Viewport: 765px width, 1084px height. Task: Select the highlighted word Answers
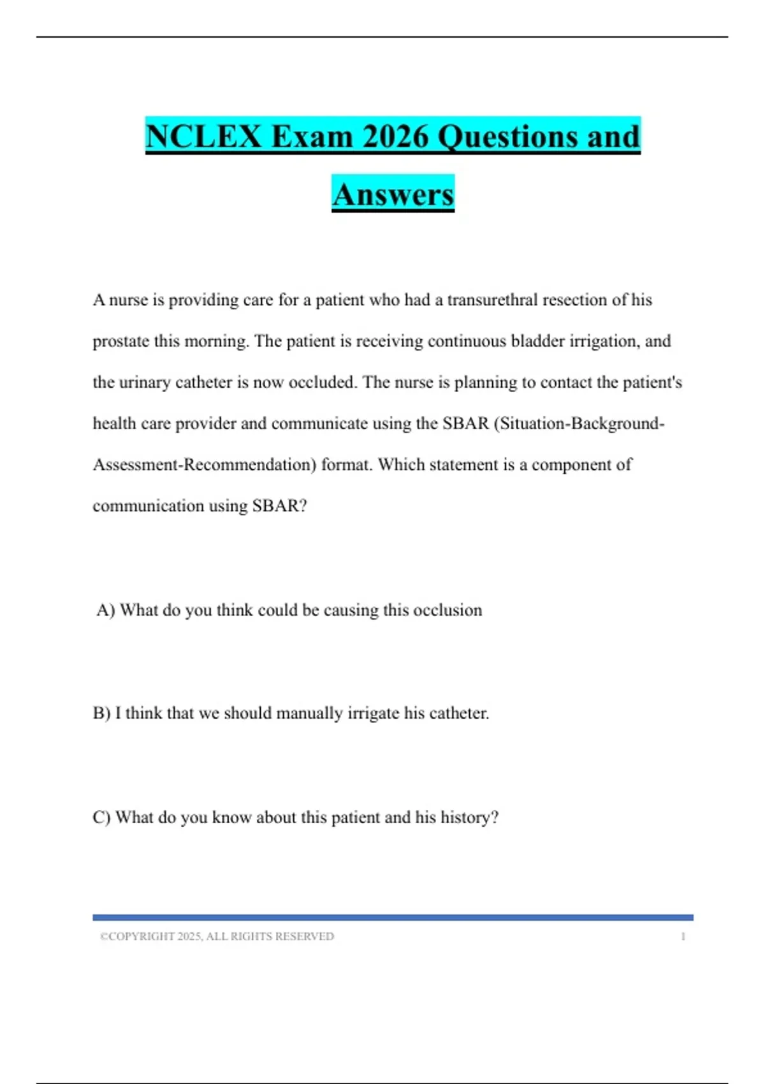393,194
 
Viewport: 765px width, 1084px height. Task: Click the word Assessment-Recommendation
204,465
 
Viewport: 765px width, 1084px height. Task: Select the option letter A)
106,610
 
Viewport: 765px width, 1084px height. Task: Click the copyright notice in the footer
217,936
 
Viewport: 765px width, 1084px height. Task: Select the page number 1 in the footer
683,936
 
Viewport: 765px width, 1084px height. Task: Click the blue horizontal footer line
393,918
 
